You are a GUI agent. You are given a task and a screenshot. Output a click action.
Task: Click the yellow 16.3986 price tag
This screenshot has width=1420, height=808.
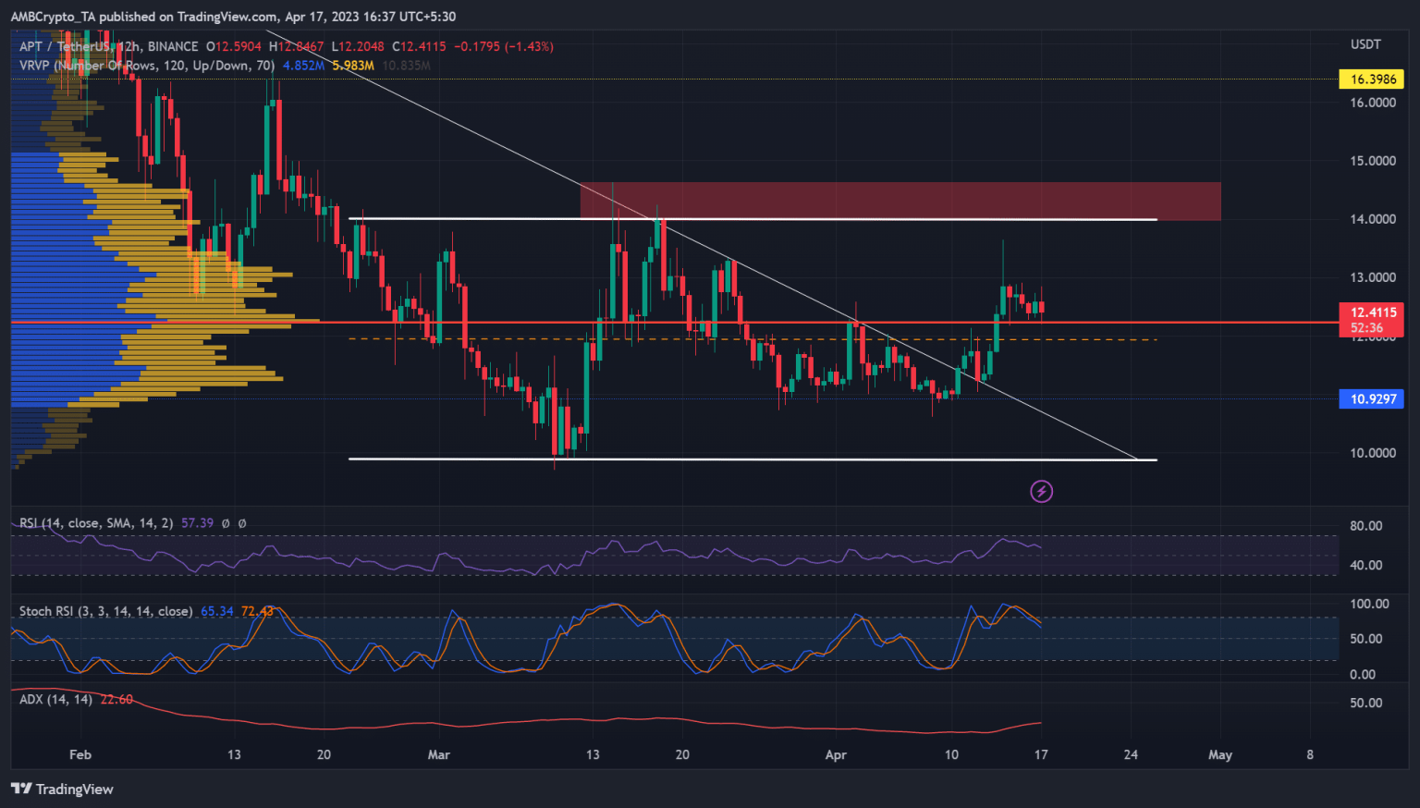tap(1372, 80)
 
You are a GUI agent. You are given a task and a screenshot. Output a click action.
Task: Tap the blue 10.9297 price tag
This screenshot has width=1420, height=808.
tap(1372, 399)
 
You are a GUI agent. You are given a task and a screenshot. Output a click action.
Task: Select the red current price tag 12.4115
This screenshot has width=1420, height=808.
tap(1372, 312)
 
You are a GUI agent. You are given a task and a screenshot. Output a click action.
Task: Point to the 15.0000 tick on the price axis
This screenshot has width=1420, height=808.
tap(1372, 161)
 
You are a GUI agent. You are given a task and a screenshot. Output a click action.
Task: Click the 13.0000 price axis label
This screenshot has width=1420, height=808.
tap(1372, 277)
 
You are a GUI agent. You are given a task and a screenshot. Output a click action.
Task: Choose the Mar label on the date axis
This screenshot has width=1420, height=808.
tap(439, 755)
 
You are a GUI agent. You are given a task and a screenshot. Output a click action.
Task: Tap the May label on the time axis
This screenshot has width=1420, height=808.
tap(1219, 755)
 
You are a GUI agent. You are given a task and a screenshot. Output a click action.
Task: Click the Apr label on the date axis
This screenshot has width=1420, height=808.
tap(836, 755)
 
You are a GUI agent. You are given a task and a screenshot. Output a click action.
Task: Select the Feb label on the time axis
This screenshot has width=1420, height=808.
tap(80, 755)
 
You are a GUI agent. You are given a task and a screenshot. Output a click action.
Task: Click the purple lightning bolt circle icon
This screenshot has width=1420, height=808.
tap(1042, 491)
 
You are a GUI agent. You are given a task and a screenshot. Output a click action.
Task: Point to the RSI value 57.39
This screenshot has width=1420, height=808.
tap(197, 523)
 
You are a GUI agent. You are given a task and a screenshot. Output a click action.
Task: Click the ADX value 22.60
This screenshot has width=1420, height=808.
tap(116, 700)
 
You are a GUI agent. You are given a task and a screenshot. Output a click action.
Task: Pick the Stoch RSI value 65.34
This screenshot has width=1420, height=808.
tap(216, 612)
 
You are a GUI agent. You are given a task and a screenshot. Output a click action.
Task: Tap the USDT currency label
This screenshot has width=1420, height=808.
tap(1365, 44)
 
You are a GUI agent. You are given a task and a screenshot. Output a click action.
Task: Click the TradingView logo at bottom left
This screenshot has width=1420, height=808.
tap(62, 789)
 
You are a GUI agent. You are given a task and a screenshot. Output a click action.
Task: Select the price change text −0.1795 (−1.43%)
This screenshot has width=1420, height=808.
tap(504, 46)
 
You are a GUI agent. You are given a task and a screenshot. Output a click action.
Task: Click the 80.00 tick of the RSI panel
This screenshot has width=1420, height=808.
tap(1365, 526)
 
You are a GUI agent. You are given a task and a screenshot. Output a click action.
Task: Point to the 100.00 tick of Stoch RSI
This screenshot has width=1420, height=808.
tap(1369, 604)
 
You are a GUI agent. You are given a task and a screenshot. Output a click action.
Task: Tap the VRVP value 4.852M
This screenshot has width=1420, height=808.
tap(303, 66)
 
